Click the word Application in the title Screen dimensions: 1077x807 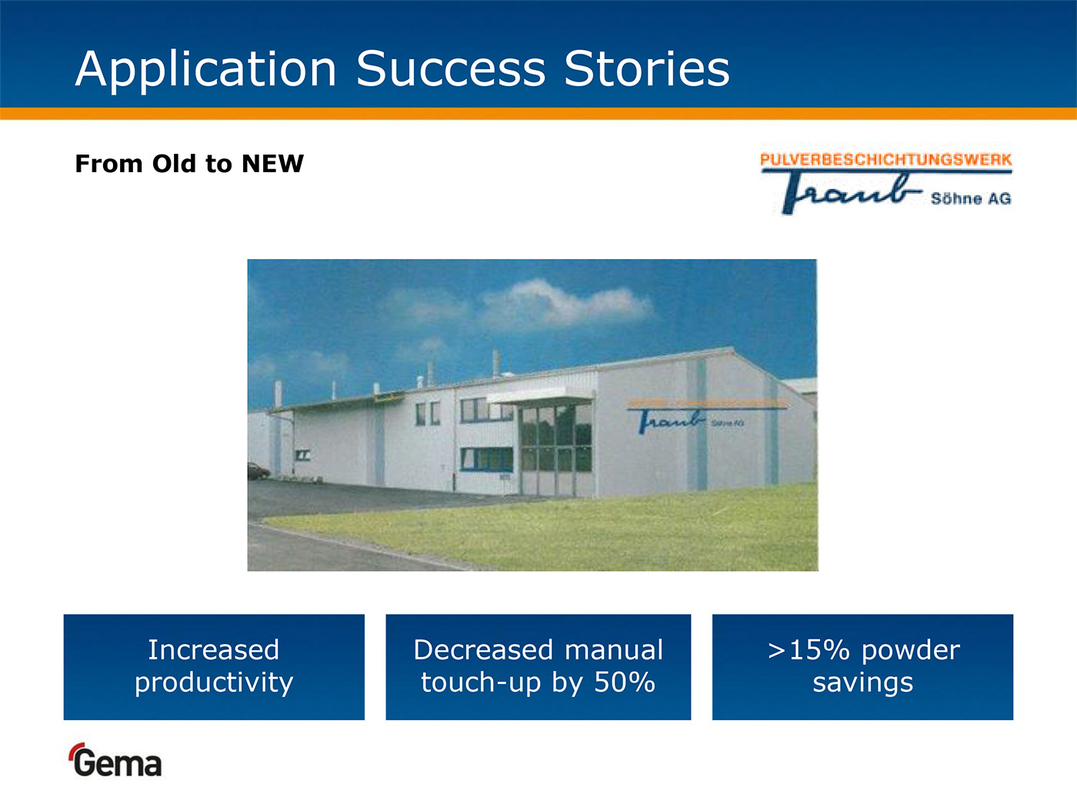coord(206,70)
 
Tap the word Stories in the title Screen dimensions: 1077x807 coord(647,68)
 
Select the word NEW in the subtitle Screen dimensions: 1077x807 coord(273,164)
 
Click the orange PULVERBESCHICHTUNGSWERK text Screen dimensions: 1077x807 coord(885,160)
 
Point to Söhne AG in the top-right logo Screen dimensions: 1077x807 coord(971,198)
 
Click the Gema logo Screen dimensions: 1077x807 coord(115,760)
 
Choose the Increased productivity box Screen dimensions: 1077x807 coord(214,667)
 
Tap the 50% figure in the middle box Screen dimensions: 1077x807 coord(625,682)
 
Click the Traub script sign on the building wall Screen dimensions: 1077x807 coord(672,421)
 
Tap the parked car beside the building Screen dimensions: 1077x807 coord(258,471)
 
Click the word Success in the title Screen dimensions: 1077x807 coord(451,68)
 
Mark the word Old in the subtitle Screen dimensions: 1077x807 coord(174,164)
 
